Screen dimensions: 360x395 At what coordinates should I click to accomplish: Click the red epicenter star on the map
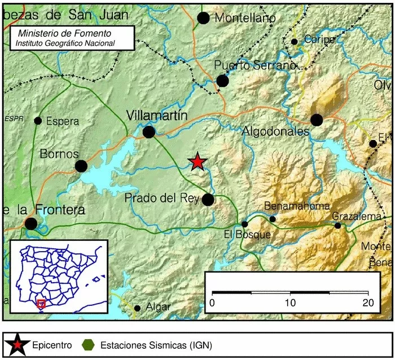pyautogui.click(x=197, y=162)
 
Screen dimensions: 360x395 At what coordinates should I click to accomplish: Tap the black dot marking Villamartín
pyautogui.click(x=149, y=132)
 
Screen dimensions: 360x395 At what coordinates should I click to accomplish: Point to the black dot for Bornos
pyautogui.click(x=81, y=166)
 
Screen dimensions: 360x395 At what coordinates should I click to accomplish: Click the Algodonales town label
pyautogui.click(x=275, y=131)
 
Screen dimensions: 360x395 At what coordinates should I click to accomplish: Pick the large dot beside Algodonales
pyautogui.click(x=317, y=120)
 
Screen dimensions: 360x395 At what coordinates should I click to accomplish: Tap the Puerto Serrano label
pyautogui.click(x=255, y=66)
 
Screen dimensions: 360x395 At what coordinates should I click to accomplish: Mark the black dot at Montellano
pyautogui.click(x=204, y=18)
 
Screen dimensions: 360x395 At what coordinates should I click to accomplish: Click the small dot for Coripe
pyautogui.click(x=294, y=41)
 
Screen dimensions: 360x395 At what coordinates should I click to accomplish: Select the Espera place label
pyautogui.click(x=62, y=121)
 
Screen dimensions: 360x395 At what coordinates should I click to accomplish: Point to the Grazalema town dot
pyautogui.click(x=337, y=225)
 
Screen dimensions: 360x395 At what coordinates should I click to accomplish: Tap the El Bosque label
pyautogui.click(x=247, y=235)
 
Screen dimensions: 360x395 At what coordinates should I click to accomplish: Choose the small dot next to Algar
pyautogui.click(x=138, y=308)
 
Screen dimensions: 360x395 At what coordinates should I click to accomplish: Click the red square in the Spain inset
pyautogui.click(x=41, y=304)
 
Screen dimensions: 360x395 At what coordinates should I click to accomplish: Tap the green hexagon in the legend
pyautogui.click(x=87, y=344)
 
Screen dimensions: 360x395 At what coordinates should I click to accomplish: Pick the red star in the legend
pyautogui.click(x=19, y=344)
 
